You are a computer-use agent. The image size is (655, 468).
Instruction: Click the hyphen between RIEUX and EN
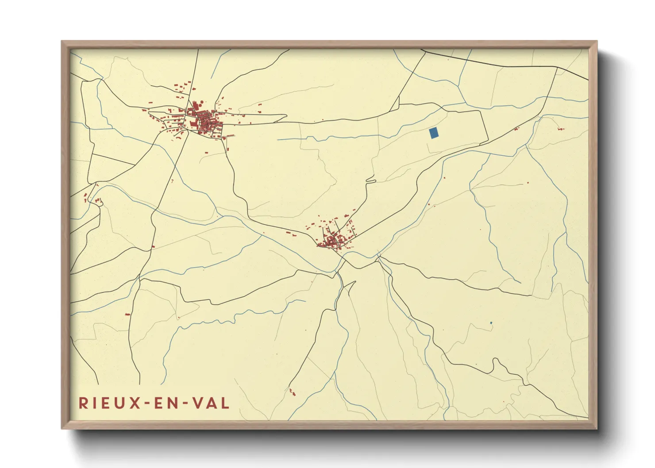click(145, 403)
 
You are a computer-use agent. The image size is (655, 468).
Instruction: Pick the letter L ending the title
click(225, 403)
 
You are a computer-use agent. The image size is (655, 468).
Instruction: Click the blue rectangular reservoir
click(434, 133)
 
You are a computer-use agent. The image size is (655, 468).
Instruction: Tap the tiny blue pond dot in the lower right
click(491, 323)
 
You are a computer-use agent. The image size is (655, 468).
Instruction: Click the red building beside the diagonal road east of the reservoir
click(516, 129)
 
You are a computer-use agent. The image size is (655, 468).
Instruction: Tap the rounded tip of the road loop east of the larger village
click(285, 117)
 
